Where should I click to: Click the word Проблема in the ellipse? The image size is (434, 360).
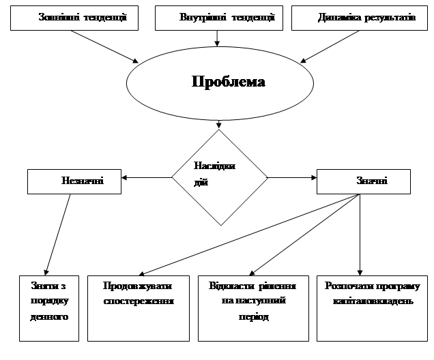pyautogui.click(x=228, y=82)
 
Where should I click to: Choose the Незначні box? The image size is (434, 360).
pyautogui.click(x=74, y=182)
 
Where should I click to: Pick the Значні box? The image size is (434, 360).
pyautogui.click(x=364, y=181)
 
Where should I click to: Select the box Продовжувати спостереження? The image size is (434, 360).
pyautogui.click(x=139, y=307)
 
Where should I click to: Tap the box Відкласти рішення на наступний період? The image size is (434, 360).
pyautogui.click(x=252, y=307)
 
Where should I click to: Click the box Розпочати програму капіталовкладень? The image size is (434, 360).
pyautogui.click(x=372, y=307)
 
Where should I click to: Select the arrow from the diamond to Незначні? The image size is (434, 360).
pyautogui.click(x=146, y=178)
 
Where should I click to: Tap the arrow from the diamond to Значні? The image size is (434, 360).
pyautogui.click(x=292, y=178)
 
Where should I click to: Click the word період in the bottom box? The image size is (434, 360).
pyautogui.click(x=252, y=317)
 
